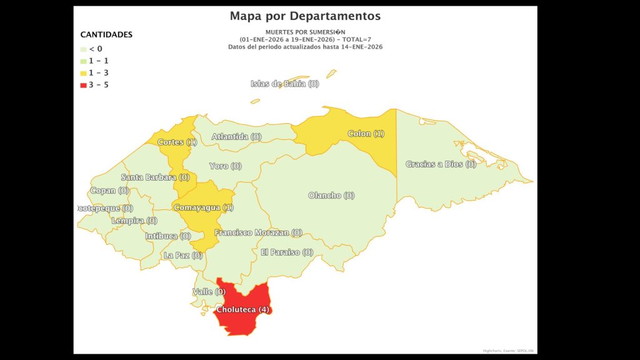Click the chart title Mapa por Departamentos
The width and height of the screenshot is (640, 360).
[305, 16]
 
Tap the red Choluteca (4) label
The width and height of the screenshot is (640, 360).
[242, 309]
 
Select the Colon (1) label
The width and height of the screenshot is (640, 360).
[366, 134]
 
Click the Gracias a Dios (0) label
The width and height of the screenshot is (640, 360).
[441, 164]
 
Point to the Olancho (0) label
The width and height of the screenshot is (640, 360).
[331, 196]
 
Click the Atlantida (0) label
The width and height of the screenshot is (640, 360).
[236, 136]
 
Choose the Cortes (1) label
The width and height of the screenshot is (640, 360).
[177, 142]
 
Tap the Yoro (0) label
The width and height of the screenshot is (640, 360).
[225, 166]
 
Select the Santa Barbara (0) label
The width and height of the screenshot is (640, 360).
[155, 177]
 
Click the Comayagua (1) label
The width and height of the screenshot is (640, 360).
[203, 207]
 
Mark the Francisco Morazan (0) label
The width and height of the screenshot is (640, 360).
[258, 232]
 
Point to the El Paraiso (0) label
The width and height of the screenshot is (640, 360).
[287, 252]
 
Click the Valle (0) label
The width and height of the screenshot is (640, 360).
[209, 292]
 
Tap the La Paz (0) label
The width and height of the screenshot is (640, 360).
[182, 256]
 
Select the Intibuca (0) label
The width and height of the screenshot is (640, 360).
[167, 236]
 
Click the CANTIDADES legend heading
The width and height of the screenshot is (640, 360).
[106, 35]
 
